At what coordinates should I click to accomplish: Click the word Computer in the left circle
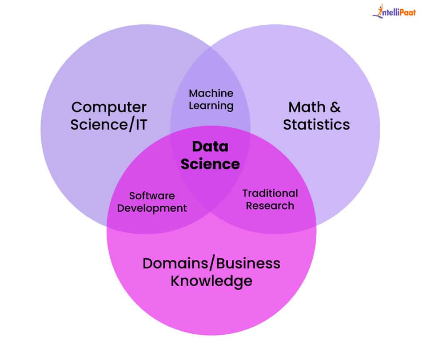[109, 108]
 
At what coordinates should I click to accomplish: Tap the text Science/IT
[109, 125]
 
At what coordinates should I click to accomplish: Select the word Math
[307, 107]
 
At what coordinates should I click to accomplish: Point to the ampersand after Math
[335, 107]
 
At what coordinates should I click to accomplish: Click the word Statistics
[316, 125]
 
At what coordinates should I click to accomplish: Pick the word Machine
[211, 93]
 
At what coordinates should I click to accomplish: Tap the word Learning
[211, 106]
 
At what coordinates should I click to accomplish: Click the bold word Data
[210, 147]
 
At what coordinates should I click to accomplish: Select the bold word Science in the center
[210, 164]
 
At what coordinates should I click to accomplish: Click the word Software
[152, 196]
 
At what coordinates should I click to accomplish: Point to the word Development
[152, 208]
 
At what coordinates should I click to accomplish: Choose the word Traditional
[270, 193]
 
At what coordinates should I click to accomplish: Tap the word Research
[270, 206]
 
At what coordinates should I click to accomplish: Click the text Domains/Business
[211, 264]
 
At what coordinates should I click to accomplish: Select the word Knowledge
[211, 281]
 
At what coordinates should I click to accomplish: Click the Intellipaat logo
[394, 11]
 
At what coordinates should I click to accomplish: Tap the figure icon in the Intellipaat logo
[379, 11]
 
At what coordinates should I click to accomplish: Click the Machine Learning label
[211, 100]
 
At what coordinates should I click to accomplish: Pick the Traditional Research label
[270, 199]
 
